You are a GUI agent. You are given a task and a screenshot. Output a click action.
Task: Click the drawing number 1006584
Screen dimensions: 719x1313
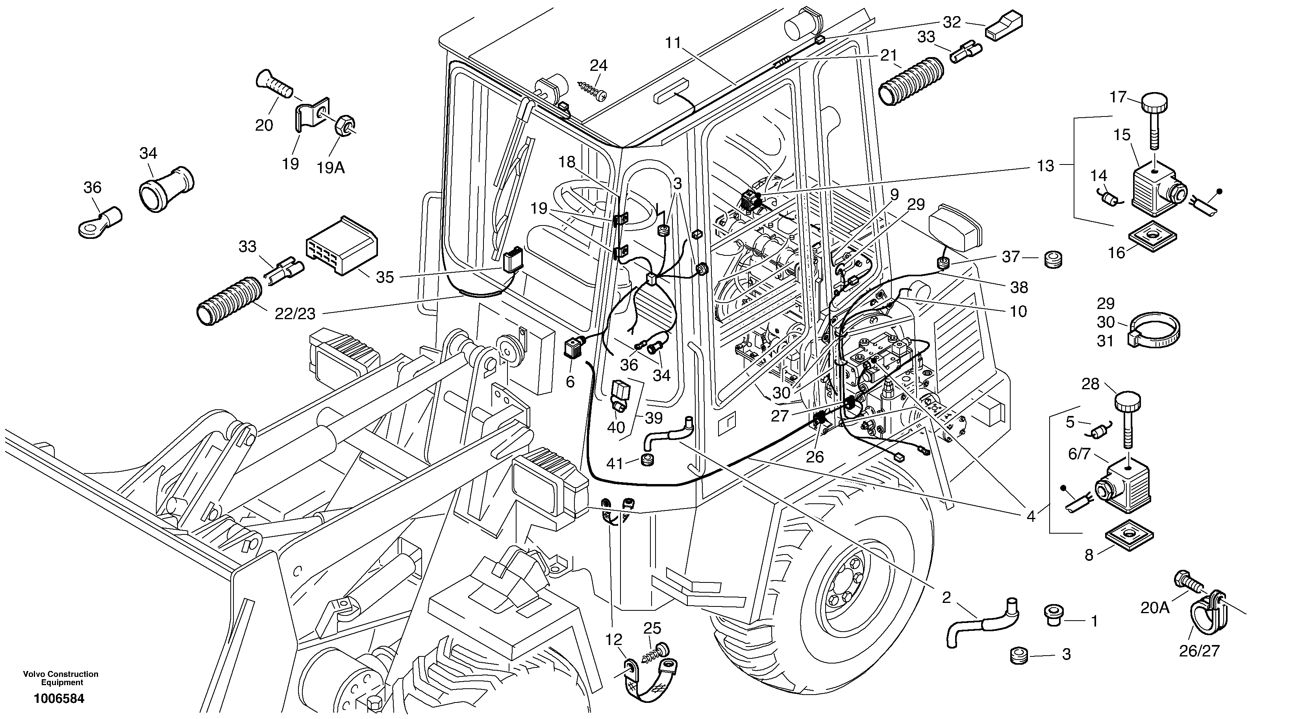click(59, 699)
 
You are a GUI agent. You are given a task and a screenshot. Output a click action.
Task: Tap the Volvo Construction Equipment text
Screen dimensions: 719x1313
click(61, 678)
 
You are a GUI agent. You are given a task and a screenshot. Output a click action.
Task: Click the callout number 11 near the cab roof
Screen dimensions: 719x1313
click(673, 43)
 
